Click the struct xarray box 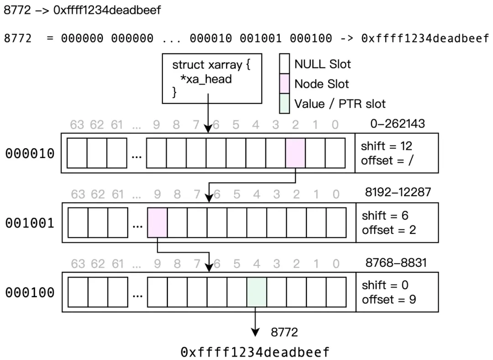point(212,78)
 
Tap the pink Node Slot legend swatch point(284,84)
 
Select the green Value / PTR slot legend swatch point(284,104)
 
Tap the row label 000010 point(30,153)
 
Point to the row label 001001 point(30,223)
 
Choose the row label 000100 point(30,292)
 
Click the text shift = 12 point(386,146)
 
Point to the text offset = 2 point(389,230)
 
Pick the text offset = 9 point(389,300)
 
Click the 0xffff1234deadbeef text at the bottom point(255,352)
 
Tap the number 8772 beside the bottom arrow point(284,332)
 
